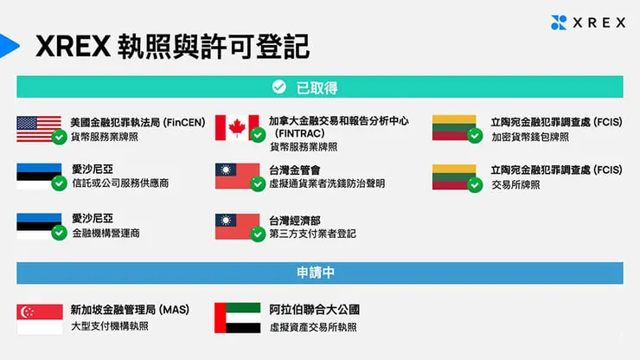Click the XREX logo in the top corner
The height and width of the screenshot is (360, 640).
587,22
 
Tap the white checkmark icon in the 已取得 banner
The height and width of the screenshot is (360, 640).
278,87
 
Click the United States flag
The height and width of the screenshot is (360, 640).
38,128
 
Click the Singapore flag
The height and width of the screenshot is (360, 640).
39,318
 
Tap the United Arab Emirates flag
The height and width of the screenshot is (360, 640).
237,318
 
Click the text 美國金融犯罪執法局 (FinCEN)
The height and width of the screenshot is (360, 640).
138,123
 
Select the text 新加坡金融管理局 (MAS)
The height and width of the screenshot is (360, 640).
130,310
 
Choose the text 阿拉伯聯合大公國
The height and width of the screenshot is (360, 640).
314,310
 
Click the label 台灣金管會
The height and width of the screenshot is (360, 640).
295,170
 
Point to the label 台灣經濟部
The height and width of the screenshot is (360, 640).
295,221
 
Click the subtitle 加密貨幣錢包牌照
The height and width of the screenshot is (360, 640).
530,137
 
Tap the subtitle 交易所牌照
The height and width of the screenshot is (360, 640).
515,184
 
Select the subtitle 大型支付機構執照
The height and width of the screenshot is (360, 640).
110,326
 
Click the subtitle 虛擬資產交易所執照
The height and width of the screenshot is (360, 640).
313,326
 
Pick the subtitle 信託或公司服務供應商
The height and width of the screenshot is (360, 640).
120,183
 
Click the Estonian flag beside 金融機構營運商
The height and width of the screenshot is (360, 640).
39,226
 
